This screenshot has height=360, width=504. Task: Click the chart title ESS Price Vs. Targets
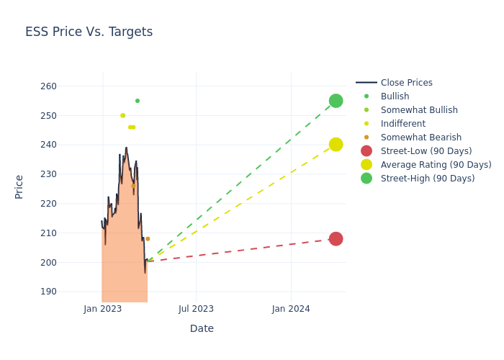(x=89, y=32)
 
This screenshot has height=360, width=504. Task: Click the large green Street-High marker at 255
(x=336, y=101)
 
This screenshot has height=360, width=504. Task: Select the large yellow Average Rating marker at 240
(x=336, y=145)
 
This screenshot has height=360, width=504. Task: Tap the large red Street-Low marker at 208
(x=336, y=238)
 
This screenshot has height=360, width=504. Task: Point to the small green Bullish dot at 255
(x=138, y=101)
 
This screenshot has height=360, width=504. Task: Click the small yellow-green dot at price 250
(x=123, y=115)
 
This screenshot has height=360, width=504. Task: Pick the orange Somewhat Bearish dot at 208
(x=148, y=239)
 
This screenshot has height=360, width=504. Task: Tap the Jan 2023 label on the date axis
(x=103, y=309)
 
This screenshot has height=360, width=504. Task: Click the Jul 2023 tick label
(x=196, y=309)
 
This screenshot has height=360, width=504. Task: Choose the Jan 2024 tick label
(x=291, y=309)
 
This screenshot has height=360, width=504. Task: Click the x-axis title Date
(x=202, y=328)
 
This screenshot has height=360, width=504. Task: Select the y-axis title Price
(x=19, y=186)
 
